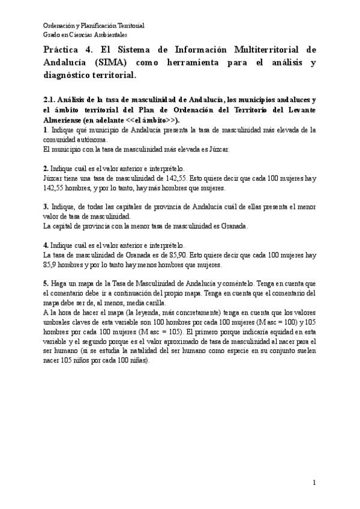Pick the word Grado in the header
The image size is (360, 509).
52,35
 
